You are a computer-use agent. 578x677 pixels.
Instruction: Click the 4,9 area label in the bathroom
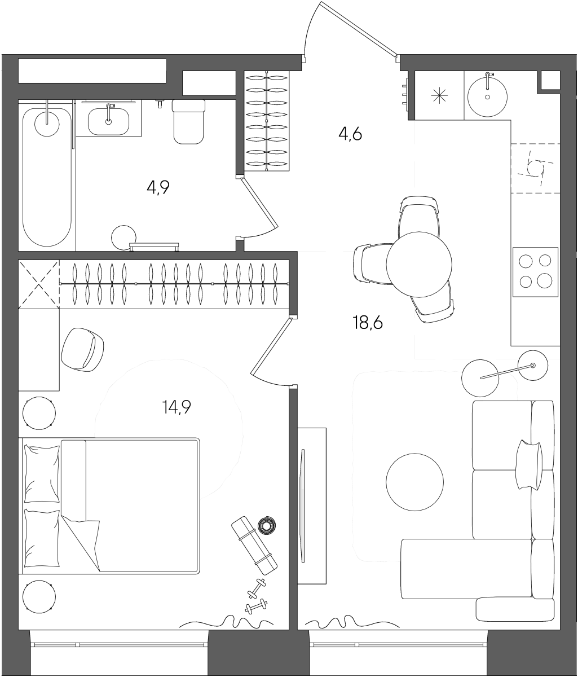point(158,188)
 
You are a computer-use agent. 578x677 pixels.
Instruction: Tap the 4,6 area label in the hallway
point(350,134)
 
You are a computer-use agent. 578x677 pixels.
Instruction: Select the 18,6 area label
point(368,323)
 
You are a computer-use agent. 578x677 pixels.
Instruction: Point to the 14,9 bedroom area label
point(177,407)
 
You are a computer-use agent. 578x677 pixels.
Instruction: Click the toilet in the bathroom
point(188,121)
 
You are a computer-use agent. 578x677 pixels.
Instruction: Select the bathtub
point(47,177)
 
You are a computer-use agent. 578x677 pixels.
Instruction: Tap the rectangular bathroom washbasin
point(108,121)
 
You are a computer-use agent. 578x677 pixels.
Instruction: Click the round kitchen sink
point(487,97)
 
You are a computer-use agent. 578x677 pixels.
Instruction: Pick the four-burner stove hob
point(535,272)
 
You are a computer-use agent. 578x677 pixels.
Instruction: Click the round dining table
point(419,265)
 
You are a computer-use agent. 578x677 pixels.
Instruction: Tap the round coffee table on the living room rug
point(414,482)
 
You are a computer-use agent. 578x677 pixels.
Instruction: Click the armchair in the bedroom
point(82,349)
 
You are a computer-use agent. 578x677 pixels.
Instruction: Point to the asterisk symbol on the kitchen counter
point(439,95)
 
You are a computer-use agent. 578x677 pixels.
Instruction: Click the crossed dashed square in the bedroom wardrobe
point(39,284)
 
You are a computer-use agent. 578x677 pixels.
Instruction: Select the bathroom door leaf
point(259,203)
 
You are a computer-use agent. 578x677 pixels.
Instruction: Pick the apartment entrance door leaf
point(359,29)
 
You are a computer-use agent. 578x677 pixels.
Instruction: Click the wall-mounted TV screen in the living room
point(303,506)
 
